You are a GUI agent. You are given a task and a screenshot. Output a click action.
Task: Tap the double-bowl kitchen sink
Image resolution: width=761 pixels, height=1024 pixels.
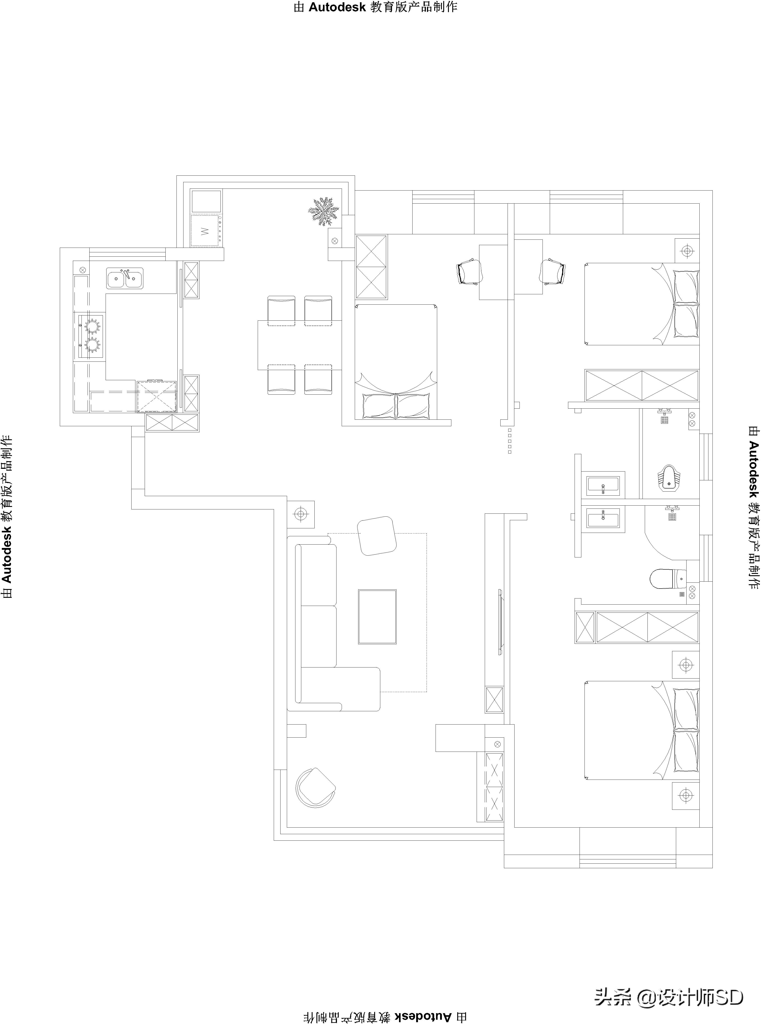tap(124, 278)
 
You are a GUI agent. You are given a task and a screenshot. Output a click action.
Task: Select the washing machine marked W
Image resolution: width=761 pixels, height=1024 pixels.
tap(205, 230)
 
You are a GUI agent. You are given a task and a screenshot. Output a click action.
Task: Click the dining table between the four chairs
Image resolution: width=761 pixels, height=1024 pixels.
tap(299, 345)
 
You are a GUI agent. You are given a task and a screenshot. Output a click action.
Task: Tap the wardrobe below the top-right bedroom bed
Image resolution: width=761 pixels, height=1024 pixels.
tap(641, 385)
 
